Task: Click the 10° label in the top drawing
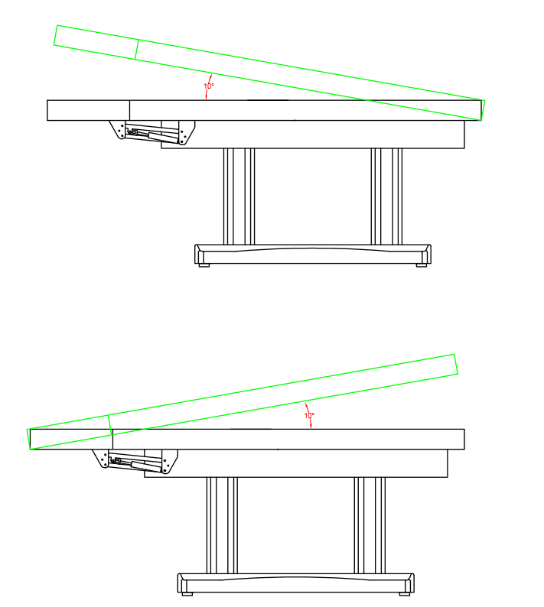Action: tap(209, 86)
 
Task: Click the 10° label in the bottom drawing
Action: tap(309, 415)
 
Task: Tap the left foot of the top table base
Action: tap(204, 265)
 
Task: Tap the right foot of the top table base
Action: tap(422, 265)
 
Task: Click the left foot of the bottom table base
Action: tap(187, 594)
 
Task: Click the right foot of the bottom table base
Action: tap(405, 594)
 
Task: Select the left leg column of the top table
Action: tap(239, 196)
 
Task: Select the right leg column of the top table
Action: tap(386, 196)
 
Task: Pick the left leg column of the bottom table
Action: tap(222, 525)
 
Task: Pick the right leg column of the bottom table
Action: tap(370, 525)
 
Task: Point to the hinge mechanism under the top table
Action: tap(152, 132)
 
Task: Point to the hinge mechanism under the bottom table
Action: tap(135, 462)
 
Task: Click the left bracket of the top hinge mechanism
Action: tap(118, 129)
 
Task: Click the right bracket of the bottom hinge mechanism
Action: tap(169, 462)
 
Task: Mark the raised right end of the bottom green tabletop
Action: tap(456, 364)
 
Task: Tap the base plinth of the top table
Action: tap(313, 254)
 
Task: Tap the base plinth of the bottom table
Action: tap(296, 583)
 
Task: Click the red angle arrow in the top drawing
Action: tap(207, 86)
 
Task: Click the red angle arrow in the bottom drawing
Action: tap(309, 416)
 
